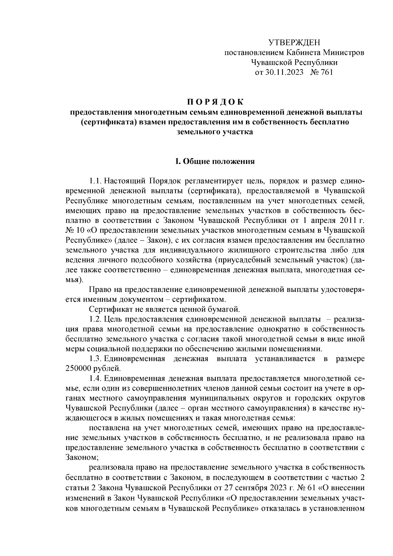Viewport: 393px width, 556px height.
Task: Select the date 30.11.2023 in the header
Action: point(284,72)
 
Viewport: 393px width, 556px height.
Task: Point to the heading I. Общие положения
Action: point(215,162)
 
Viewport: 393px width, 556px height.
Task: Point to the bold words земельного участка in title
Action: point(215,132)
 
